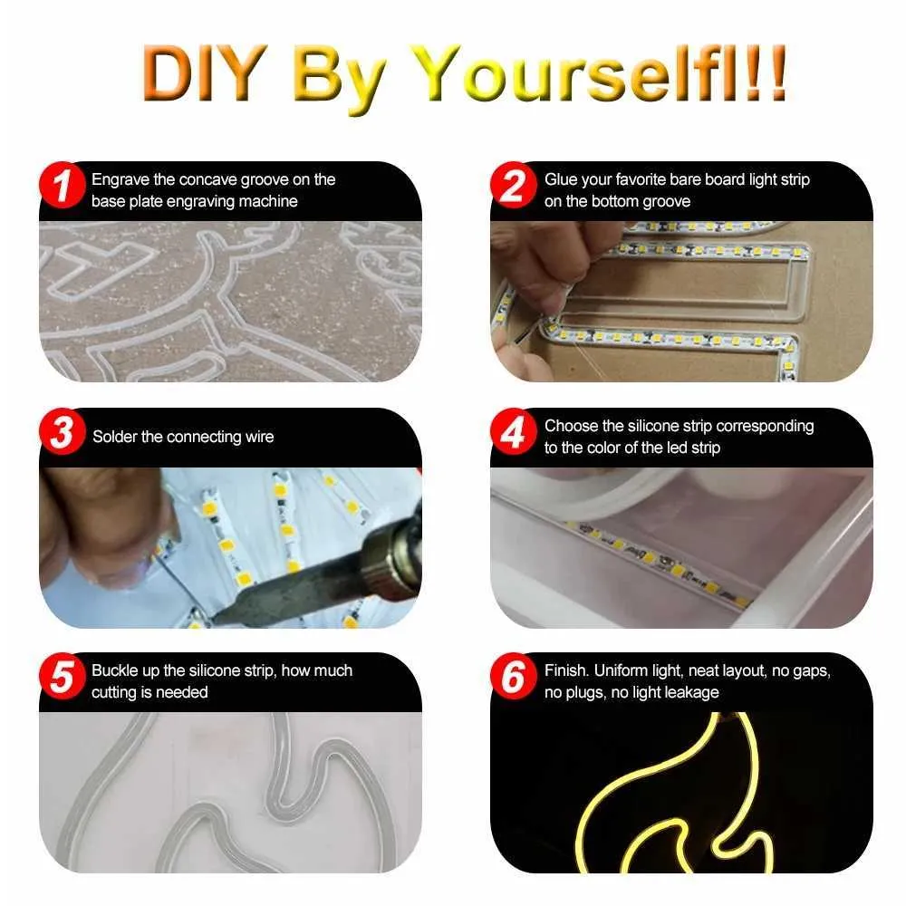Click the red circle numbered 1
click(63, 185)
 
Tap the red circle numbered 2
click(514, 185)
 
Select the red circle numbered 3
click(63, 431)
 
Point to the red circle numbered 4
click(514, 431)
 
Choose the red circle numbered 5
click(63, 676)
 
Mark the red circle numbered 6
click(514, 676)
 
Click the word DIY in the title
click(205, 73)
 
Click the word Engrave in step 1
click(120, 180)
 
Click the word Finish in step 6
click(566, 670)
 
